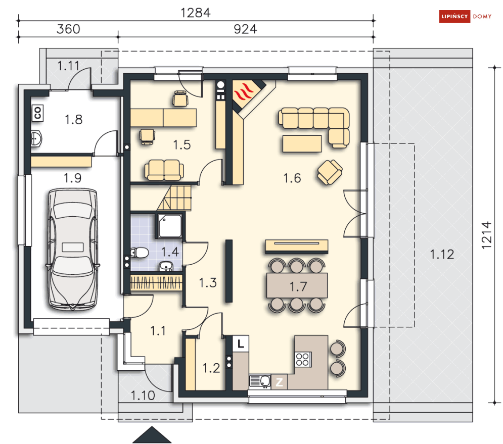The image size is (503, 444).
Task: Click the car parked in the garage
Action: tap(72, 250)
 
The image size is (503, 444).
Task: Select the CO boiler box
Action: tap(37, 113)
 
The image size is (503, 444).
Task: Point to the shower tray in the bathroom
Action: tap(170, 226)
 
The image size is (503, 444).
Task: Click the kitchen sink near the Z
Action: tap(260, 381)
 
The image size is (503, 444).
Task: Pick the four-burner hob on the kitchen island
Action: tap(302, 359)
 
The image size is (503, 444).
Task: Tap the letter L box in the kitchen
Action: tap(241, 344)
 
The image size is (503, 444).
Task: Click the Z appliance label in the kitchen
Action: tap(279, 382)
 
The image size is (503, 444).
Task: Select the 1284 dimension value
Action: tap(196, 13)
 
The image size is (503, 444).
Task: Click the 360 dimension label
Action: tap(68, 29)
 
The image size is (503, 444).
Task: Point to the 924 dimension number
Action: tap(245, 29)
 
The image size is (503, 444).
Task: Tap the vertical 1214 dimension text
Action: tap(487, 235)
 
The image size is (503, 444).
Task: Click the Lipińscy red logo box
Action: tap(454, 16)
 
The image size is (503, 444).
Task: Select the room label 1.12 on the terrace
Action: tap(442, 255)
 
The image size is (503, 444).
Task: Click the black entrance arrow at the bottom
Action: tap(152, 435)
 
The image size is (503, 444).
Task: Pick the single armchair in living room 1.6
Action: tap(330, 172)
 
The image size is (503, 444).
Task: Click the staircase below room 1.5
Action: tap(174, 198)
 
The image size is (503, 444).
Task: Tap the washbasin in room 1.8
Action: tap(36, 138)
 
